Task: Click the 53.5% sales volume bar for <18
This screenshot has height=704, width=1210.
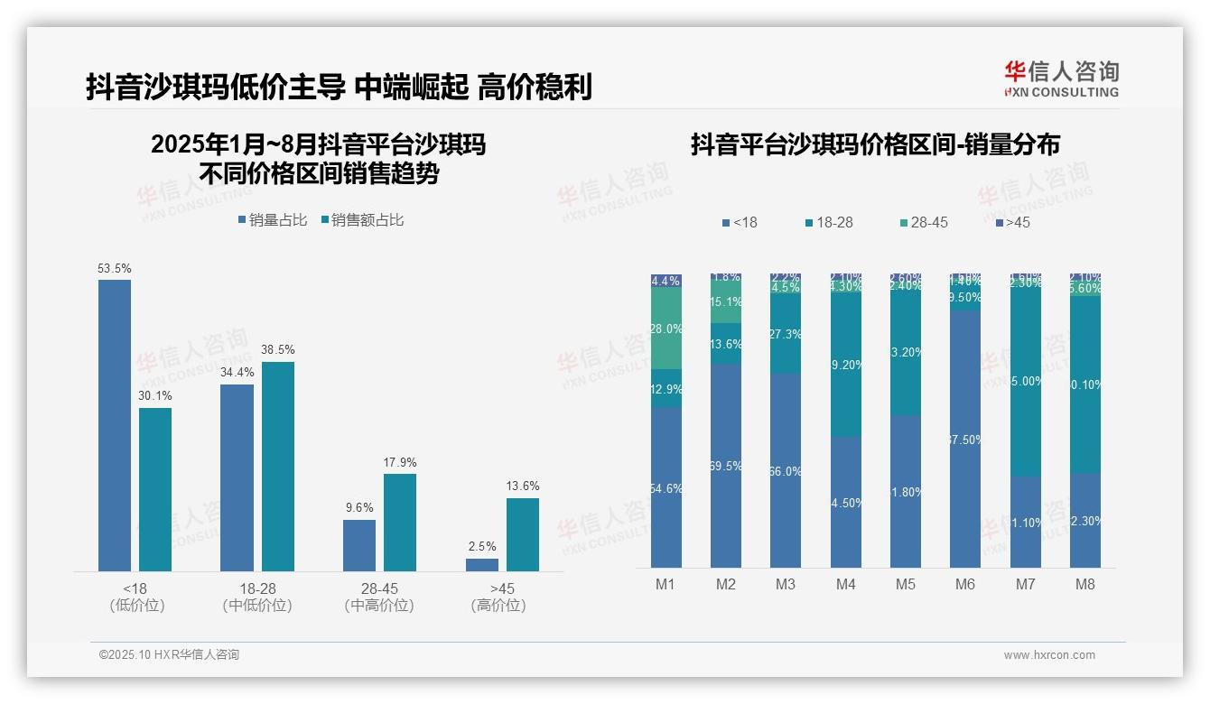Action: [x=115, y=425]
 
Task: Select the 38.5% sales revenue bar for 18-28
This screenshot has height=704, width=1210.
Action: [x=278, y=467]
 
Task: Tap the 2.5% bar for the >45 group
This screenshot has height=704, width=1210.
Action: [x=482, y=565]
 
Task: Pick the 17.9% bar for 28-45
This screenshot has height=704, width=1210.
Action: [x=400, y=523]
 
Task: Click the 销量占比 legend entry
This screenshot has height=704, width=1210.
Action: [x=273, y=220]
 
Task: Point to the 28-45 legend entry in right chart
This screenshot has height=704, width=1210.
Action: [x=924, y=222]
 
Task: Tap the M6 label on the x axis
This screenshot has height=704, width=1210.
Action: [x=965, y=585]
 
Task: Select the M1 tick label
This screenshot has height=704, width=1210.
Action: [x=665, y=585]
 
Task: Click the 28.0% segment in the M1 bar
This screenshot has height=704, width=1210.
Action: [x=666, y=329]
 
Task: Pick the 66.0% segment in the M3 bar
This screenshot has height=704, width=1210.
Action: [x=786, y=470]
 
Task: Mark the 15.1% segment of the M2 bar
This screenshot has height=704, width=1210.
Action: [x=726, y=301]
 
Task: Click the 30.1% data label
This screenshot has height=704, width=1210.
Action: [x=154, y=395]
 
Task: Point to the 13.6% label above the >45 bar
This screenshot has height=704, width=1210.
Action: [x=523, y=486]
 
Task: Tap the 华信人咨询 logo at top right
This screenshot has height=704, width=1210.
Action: [x=1061, y=79]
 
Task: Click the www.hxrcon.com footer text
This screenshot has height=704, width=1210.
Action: [x=1049, y=655]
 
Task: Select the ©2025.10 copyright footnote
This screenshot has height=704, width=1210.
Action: [x=169, y=655]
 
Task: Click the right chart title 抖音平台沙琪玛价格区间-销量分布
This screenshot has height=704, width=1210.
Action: [x=875, y=144]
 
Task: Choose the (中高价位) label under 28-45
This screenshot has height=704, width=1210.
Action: [x=379, y=606]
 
